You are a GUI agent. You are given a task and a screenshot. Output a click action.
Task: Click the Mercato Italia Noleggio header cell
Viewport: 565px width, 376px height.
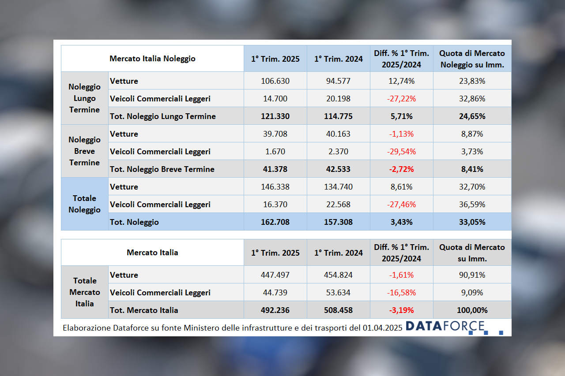tap(152, 58)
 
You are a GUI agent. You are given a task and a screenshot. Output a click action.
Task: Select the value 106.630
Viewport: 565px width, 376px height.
tap(275, 81)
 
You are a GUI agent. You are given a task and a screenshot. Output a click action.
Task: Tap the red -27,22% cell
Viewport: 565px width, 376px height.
tap(401, 99)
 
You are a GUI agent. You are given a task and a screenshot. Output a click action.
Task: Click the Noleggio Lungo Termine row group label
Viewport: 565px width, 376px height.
tap(84, 98)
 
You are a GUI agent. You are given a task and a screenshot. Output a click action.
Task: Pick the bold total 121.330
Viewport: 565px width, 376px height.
tap(275, 116)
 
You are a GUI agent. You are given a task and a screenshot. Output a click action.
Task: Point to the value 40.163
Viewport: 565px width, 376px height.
tap(338, 134)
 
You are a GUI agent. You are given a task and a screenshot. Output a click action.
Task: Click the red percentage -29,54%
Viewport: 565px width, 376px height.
tap(401, 152)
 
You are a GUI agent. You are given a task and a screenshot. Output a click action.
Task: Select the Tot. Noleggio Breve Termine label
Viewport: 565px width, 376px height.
tap(162, 169)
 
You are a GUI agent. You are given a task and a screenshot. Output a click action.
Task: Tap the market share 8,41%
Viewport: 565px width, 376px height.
tap(472, 169)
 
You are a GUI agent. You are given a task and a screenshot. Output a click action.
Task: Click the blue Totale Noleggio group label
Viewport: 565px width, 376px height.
tap(84, 204)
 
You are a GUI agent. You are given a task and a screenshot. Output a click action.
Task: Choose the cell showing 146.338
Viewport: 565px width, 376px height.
tap(275, 187)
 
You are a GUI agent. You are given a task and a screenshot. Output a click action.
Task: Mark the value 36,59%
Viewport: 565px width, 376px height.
tap(472, 205)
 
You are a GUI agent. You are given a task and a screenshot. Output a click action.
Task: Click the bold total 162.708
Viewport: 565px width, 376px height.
tap(275, 222)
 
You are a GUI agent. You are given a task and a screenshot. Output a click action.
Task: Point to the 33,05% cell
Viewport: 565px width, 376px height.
tap(472, 222)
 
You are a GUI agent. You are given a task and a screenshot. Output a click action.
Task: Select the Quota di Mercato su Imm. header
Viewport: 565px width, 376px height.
tap(472, 253)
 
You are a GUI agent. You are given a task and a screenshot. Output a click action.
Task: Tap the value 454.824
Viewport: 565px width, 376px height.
tap(338, 275)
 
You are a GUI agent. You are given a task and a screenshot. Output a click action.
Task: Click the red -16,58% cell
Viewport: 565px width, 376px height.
tap(401, 293)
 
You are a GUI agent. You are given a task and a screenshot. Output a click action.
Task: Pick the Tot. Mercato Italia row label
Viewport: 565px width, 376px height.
tap(144, 310)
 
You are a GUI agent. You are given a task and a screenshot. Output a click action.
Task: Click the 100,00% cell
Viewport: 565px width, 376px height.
tap(472, 310)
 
